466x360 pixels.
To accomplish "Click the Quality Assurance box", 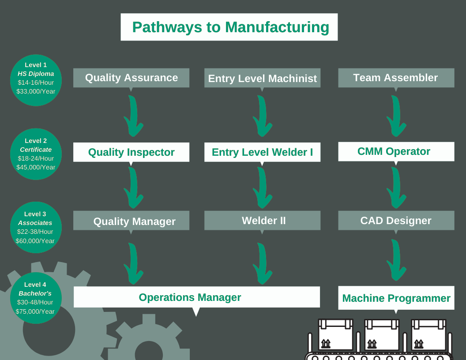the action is pos(131,78).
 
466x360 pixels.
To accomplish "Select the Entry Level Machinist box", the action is pos(262,78).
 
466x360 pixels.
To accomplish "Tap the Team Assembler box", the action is pos(396,78).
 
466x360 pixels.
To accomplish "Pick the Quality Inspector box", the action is pos(131,152).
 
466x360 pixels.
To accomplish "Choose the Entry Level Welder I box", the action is pos(262,152).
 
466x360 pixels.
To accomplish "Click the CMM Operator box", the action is pos(396,151).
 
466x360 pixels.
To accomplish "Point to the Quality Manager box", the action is pos(131,221).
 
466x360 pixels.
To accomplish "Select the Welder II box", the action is pos(262,221).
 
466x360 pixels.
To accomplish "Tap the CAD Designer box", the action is pos(396,221).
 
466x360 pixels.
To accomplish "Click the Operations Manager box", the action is pos(197,297).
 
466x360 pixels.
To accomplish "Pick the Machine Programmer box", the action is pos(396,298).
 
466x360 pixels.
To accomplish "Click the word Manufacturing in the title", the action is pos(277,27).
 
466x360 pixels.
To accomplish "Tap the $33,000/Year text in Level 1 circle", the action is pos(36,91).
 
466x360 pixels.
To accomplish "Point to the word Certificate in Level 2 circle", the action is pos(36,150).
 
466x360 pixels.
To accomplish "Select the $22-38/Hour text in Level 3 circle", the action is pos(35,232).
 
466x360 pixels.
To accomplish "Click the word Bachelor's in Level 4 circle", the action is pos(35,293).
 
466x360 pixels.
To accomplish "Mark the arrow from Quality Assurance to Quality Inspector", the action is pos(133,116).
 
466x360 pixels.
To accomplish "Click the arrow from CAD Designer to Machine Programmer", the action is pos(397,260).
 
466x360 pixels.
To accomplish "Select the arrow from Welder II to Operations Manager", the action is pos(263,264).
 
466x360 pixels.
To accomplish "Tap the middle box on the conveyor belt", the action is pos(382,334).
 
